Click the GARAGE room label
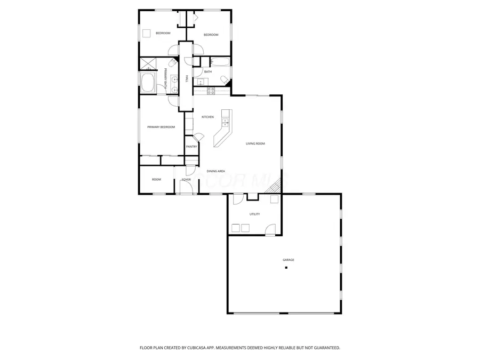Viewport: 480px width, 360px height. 288,260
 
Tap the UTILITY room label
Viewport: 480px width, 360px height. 254,214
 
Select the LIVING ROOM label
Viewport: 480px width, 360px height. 255,143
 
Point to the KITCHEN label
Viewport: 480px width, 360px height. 207,117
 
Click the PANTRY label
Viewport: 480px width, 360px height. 191,147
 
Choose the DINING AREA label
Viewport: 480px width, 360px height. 215,171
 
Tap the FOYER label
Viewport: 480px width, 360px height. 186,180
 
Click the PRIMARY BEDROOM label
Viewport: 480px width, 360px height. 161,127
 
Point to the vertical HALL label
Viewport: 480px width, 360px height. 186,78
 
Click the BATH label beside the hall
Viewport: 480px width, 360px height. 207,71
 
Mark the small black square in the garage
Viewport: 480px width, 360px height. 286,268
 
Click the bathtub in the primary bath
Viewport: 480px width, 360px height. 148,83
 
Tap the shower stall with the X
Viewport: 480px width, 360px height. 147,64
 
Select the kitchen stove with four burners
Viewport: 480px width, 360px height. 210,91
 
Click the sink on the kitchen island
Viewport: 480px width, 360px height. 225,124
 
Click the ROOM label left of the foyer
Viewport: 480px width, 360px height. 156,180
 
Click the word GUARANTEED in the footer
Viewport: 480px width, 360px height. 323,348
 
